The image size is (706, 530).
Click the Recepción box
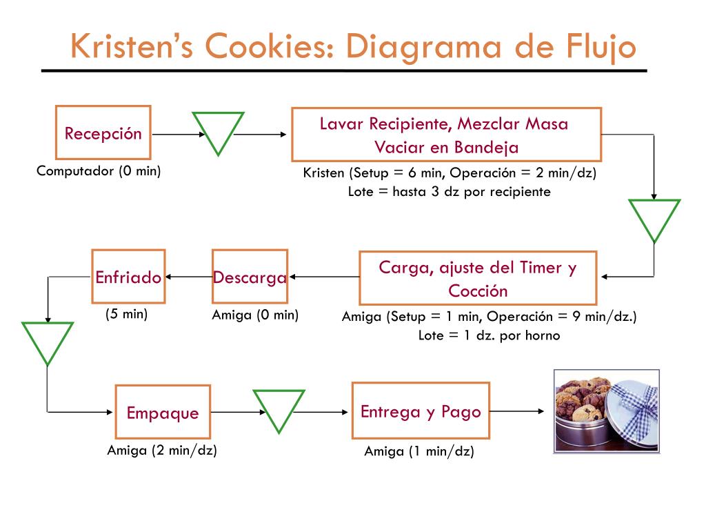pyautogui.click(x=103, y=132)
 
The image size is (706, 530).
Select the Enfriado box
pyautogui.click(x=128, y=277)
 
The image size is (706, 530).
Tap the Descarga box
pyautogui.click(x=250, y=277)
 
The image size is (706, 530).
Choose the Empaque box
pyautogui.click(x=162, y=413)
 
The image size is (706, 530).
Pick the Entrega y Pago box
pyautogui.click(x=421, y=411)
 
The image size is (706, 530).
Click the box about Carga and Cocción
pyautogui.click(x=478, y=278)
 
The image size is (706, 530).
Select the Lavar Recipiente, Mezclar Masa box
pyautogui.click(x=446, y=135)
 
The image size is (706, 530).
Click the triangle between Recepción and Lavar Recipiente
pyautogui.click(x=218, y=131)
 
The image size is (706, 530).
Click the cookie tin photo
pyautogui.click(x=607, y=411)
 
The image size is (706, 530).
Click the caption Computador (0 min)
pyautogui.click(x=99, y=171)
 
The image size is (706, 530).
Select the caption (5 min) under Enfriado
pyautogui.click(x=127, y=314)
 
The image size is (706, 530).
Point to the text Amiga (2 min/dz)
pyautogui.click(x=162, y=451)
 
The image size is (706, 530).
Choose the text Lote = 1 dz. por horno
pyautogui.click(x=489, y=335)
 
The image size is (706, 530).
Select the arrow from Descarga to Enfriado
pyautogui.click(x=188, y=277)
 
